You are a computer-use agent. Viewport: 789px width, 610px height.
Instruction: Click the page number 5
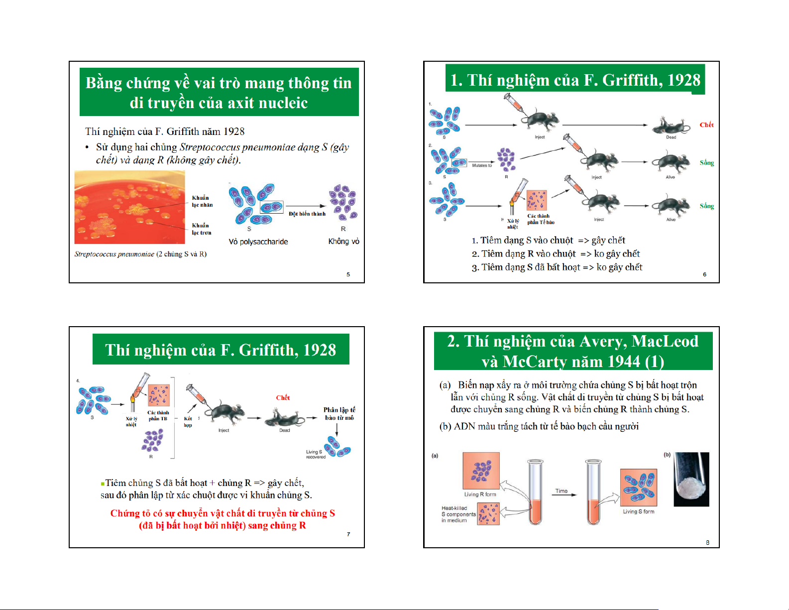click(x=348, y=274)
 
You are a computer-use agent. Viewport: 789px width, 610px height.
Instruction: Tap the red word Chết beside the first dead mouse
click(x=706, y=124)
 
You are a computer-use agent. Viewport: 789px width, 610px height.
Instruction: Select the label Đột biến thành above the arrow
click(x=307, y=214)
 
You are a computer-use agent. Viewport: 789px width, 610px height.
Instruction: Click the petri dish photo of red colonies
click(x=129, y=207)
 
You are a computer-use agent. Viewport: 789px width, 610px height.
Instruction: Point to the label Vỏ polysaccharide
click(x=258, y=242)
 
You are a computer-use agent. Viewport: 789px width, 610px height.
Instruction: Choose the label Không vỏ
click(x=343, y=242)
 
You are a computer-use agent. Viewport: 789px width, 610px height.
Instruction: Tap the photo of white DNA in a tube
click(x=691, y=479)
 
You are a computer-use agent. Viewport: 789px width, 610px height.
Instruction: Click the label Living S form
click(x=639, y=511)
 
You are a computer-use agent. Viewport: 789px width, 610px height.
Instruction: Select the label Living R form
click(x=480, y=494)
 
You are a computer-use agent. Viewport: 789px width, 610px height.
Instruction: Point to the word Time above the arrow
click(x=562, y=491)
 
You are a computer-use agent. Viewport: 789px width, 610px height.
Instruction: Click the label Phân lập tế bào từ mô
click(x=339, y=414)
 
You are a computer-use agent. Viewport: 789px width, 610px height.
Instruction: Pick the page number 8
click(x=707, y=542)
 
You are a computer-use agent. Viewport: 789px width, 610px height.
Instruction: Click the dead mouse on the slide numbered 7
click(x=284, y=418)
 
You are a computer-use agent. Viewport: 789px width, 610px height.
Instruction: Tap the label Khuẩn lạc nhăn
click(x=202, y=201)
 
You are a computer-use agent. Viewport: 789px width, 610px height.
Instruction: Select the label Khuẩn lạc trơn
click(x=202, y=229)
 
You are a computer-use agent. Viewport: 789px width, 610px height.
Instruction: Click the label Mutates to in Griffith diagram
click(x=481, y=165)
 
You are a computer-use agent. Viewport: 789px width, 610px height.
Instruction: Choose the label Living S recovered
click(x=315, y=454)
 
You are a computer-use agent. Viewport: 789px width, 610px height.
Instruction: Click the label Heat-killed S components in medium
click(x=457, y=514)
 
